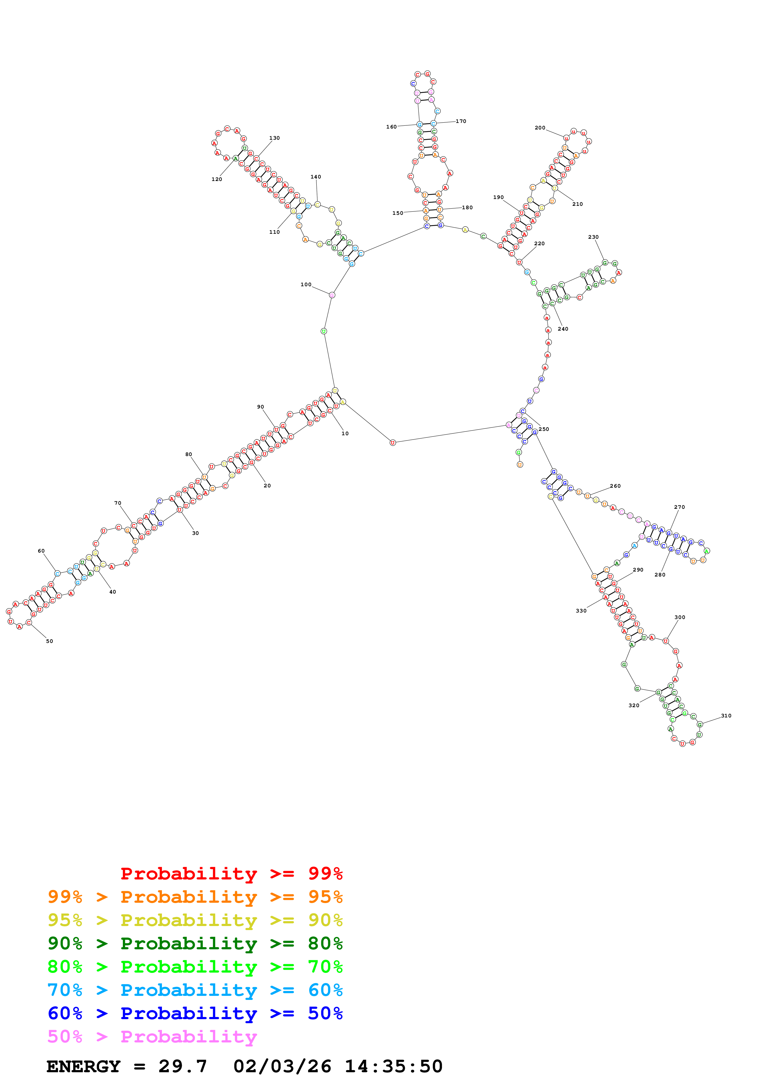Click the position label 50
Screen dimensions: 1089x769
click(x=49, y=641)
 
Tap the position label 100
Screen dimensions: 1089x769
click(x=306, y=285)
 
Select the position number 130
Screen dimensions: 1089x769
click(x=274, y=138)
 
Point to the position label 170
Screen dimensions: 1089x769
click(x=461, y=121)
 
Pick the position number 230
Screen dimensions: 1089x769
click(x=593, y=237)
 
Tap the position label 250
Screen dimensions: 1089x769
click(x=543, y=429)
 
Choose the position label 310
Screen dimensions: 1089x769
click(x=726, y=716)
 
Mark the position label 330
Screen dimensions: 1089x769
click(x=581, y=611)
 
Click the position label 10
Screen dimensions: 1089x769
click(x=345, y=433)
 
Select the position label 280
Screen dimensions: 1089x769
click(x=659, y=575)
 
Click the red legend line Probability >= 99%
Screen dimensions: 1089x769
click(x=231, y=874)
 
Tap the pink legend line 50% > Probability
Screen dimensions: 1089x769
click(x=152, y=1037)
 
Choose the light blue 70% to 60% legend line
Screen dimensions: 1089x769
click(x=195, y=990)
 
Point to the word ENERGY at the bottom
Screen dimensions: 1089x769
click(x=83, y=1067)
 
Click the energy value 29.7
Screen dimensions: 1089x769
click(x=182, y=1067)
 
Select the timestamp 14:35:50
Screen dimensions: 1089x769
click(x=393, y=1067)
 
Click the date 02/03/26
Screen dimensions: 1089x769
click(x=282, y=1067)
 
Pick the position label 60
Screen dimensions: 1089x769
click(x=41, y=551)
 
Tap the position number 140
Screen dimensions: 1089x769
click(x=315, y=177)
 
